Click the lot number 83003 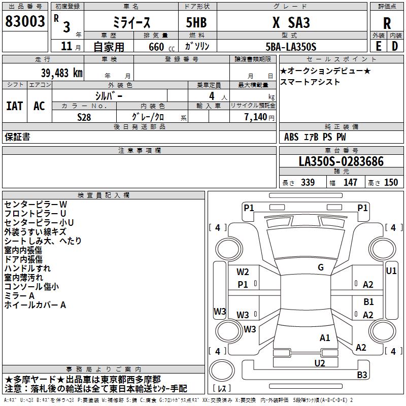coord(25,21)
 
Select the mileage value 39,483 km coord(61,73)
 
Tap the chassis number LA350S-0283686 coord(341,161)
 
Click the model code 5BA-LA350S coord(291,47)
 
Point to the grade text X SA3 coord(291,22)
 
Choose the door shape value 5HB coord(196,22)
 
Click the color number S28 coord(84,117)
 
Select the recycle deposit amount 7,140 coord(256,117)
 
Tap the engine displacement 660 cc coord(161,47)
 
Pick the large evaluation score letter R coord(387,23)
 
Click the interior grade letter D coord(395,46)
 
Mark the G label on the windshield coord(321,267)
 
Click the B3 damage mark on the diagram coord(362,375)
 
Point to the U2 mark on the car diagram coord(320,363)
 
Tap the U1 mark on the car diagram coord(391,271)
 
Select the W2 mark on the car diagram coord(243,272)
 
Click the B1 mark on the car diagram coord(368,301)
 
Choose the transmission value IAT coord(15,106)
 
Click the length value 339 coord(308,182)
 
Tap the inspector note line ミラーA coord(19,296)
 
